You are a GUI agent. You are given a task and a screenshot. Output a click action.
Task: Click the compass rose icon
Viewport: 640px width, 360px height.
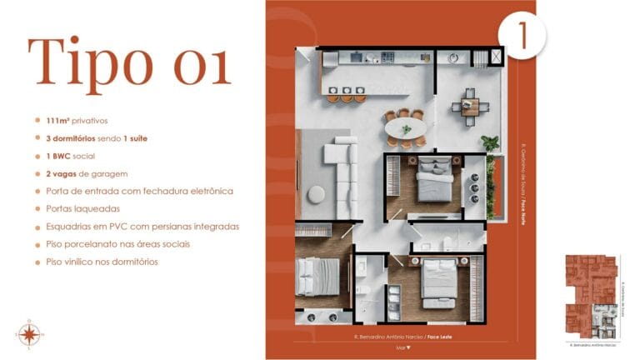click(x=28, y=334)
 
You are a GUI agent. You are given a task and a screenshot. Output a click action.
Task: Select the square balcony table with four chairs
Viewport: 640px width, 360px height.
click(x=470, y=106)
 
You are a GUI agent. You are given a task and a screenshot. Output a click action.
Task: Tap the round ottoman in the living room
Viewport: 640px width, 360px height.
click(x=316, y=194)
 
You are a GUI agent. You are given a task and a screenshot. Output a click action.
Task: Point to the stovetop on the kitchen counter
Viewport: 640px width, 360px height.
click(x=387, y=57)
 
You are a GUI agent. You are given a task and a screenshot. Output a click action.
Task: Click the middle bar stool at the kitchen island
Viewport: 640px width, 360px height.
click(x=347, y=97)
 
